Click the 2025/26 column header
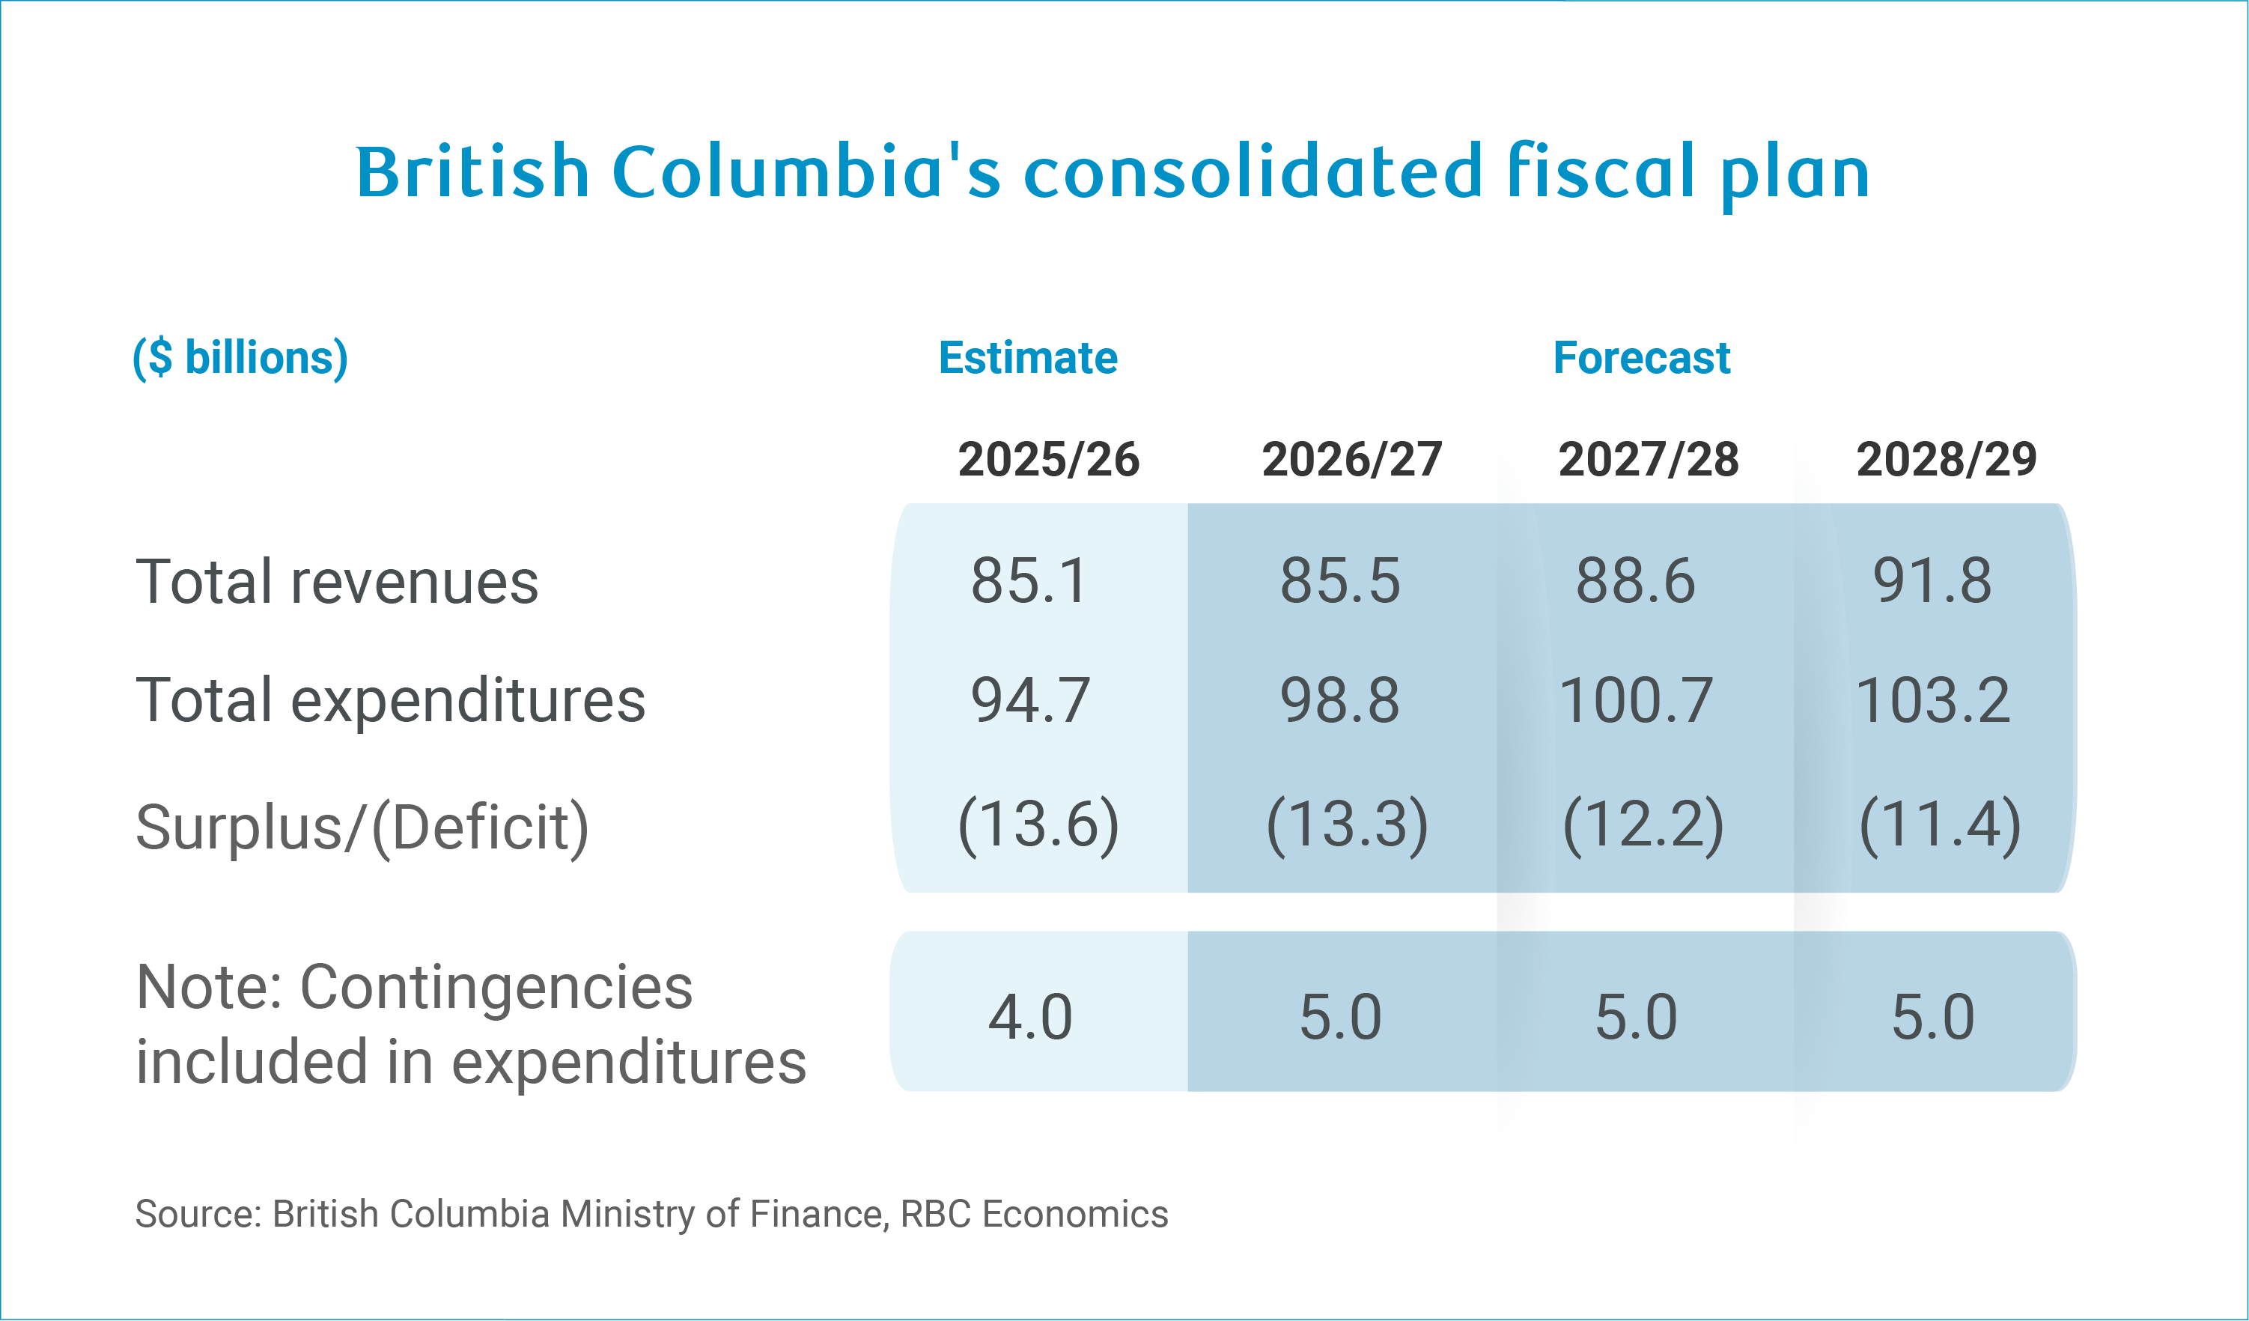(x=1049, y=460)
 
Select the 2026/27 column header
(x=1351, y=460)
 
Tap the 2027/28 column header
(x=1649, y=460)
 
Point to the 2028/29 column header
(x=1947, y=460)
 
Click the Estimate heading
(x=1027, y=358)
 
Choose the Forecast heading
(x=1641, y=358)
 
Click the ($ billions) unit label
(x=240, y=358)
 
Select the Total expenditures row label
(x=390, y=701)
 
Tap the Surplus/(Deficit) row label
(x=362, y=827)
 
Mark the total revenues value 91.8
(x=1932, y=581)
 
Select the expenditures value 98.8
(x=1339, y=701)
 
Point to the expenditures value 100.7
(x=1635, y=701)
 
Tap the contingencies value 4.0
(x=1030, y=1018)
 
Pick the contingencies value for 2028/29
(x=1932, y=1018)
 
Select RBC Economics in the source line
(x=1033, y=1214)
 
